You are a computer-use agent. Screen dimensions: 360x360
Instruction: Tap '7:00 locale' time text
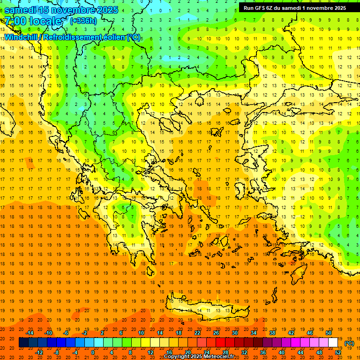[x=33, y=21]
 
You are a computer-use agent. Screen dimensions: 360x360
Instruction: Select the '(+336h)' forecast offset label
[x=84, y=21]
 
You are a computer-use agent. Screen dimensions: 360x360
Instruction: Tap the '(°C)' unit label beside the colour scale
[x=349, y=343]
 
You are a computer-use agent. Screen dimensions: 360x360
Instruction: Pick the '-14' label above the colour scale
[x=30, y=333]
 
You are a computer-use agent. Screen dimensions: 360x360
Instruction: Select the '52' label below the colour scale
[x=338, y=352]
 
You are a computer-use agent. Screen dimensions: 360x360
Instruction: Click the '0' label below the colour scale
[x=93, y=352]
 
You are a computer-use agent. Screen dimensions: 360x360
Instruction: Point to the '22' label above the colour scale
[x=197, y=333]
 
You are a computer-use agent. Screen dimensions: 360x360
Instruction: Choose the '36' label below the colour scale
[x=263, y=352]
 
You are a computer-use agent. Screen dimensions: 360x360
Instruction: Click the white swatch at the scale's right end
[x=333, y=343]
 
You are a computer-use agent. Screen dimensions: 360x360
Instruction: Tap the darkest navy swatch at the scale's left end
[x=23, y=343]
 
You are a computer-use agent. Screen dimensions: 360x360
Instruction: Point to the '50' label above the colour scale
[x=329, y=333]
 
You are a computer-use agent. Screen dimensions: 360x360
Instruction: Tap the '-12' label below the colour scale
[x=39, y=352]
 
